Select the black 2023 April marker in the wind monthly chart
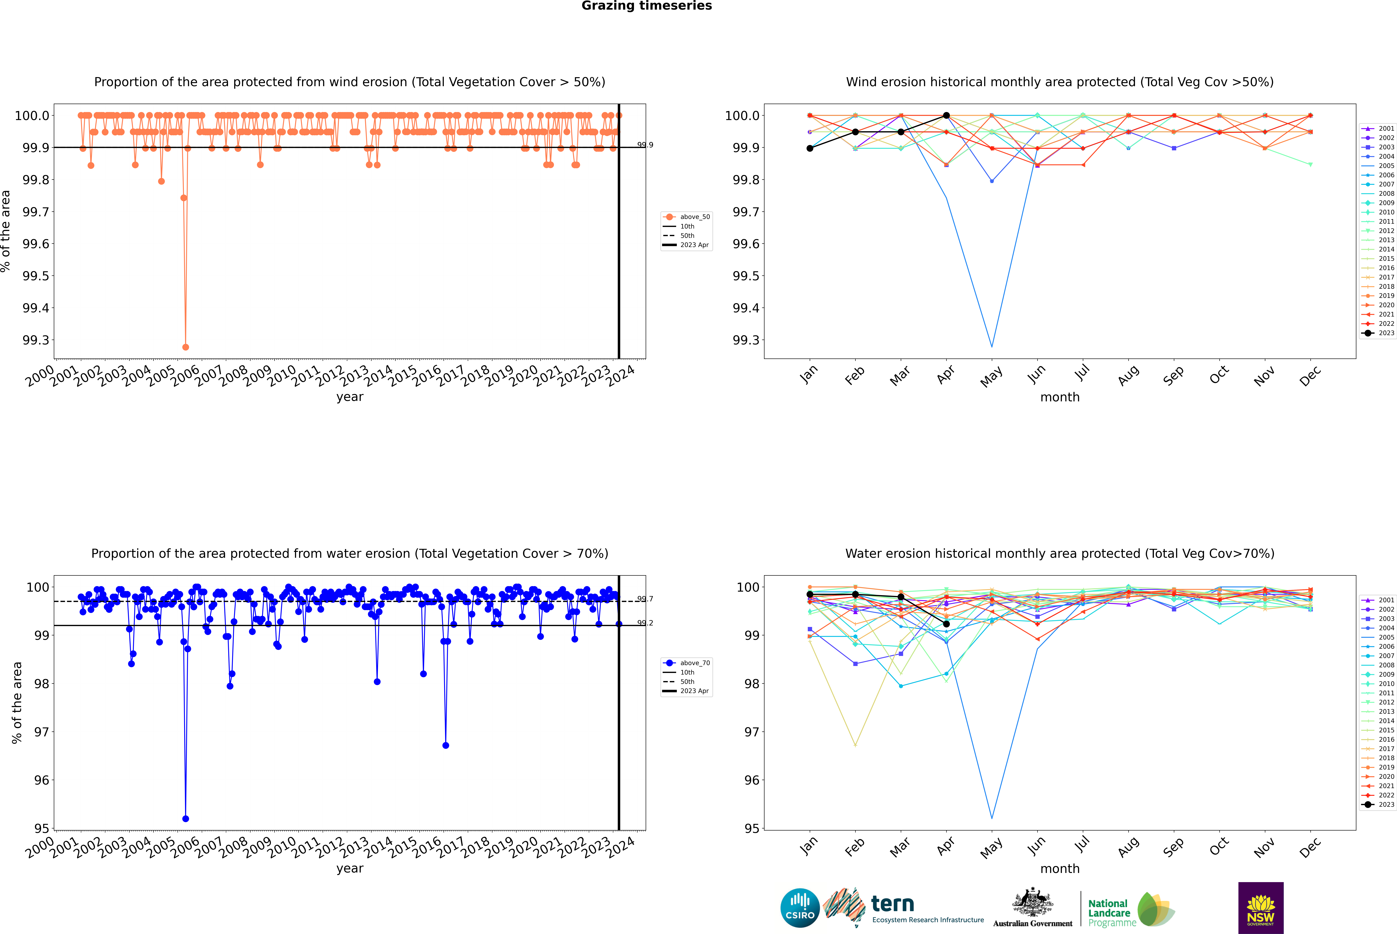(x=946, y=116)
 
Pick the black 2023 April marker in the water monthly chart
(x=946, y=624)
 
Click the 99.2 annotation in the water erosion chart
(x=645, y=623)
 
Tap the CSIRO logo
(x=800, y=908)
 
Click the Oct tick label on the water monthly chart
(x=1219, y=846)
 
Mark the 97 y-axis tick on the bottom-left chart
(x=42, y=732)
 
